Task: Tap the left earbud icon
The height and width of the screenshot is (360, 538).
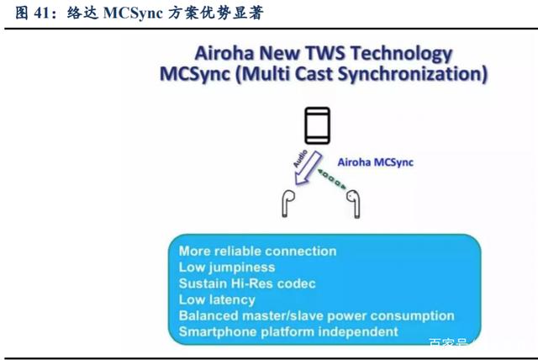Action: tap(287, 204)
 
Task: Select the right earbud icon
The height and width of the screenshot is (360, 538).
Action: tap(354, 204)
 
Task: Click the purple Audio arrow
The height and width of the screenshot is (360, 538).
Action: tap(308, 168)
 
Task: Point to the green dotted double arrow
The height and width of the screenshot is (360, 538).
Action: tap(332, 178)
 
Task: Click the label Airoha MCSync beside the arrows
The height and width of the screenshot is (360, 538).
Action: tap(376, 162)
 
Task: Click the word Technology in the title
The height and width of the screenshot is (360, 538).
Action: tap(402, 54)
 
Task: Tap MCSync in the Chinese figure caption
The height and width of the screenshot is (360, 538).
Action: tap(133, 13)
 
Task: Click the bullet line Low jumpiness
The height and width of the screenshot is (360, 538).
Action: tap(227, 267)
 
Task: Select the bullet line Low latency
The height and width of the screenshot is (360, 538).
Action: tap(217, 299)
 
